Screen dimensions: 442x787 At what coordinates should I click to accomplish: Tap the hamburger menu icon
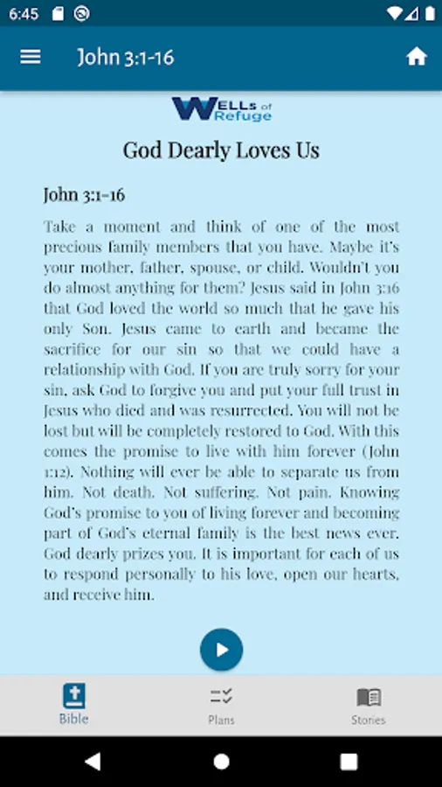(x=31, y=57)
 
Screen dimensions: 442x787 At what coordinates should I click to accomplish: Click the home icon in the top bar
(x=417, y=57)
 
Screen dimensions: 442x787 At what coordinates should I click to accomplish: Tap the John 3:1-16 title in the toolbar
(x=126, y=58)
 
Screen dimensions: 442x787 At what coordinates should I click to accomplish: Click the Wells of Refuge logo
(x=222, y=109)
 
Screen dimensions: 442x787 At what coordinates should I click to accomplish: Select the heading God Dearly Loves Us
(x=221, y=150)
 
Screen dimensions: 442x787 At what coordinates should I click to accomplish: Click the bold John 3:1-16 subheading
(x=84, y=195)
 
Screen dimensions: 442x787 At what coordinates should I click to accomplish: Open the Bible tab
(x=74, y=704)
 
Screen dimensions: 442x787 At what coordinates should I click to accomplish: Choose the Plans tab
(x=221, y=704)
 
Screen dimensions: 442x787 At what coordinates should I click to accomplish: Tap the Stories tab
(x=368, y=704)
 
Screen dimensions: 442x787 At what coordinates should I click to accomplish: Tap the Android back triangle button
(x=93, y=762)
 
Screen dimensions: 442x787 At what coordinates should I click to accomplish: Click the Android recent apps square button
(x=349, y=762)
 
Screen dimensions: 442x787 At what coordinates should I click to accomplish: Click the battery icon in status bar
(x=429, y=14)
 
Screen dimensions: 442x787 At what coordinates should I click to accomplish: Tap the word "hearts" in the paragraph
(x=367, y=575)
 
